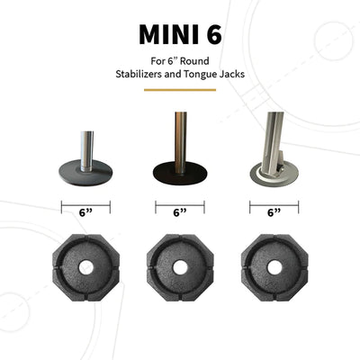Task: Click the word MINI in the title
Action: click(x=162, y=34)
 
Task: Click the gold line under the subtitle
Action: click(x=180, y=90)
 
